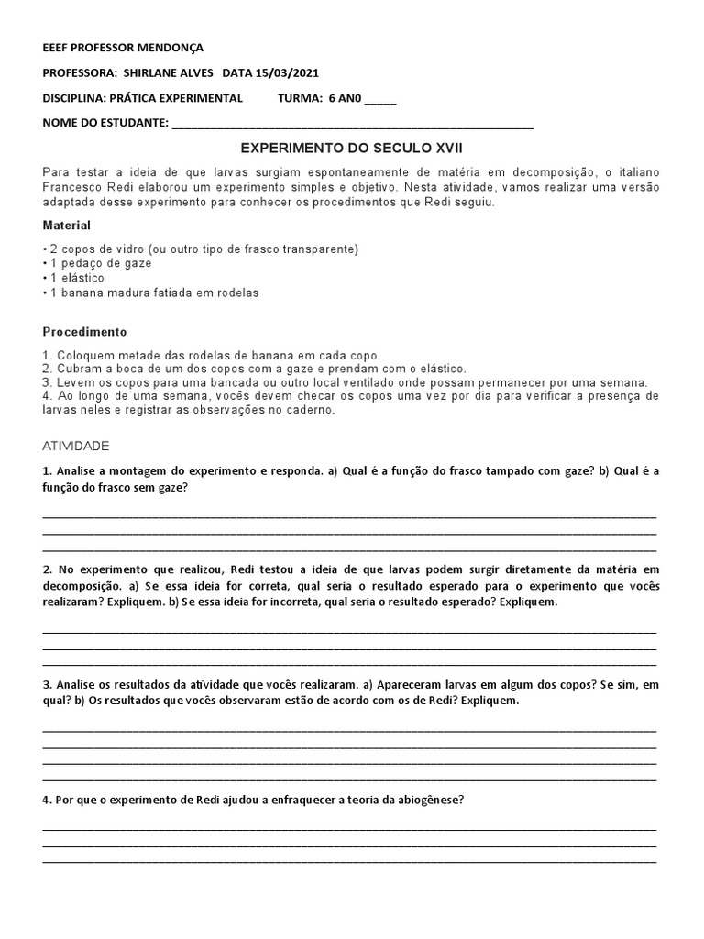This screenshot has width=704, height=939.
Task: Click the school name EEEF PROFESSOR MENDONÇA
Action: tap(123, 47)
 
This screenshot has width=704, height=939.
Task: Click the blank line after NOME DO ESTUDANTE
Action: tap(352, 124)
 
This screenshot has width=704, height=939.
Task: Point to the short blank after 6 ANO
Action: tap(380, 99)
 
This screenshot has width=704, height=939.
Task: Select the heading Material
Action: tap(67, 225)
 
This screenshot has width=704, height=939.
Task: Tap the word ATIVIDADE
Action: tap(76, 446)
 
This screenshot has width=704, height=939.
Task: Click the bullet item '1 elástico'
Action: tap(74, 278)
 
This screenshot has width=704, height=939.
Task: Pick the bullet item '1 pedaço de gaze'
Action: tap(97, 263)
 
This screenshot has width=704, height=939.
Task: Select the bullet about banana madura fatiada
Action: tap(151, 293)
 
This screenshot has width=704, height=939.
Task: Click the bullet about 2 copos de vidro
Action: tap(201, 249)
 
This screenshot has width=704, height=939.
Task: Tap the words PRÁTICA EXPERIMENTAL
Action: tap(176, 98)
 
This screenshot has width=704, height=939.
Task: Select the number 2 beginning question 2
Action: tap(46, 569)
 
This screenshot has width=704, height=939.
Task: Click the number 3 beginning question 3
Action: tap(46, 685)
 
